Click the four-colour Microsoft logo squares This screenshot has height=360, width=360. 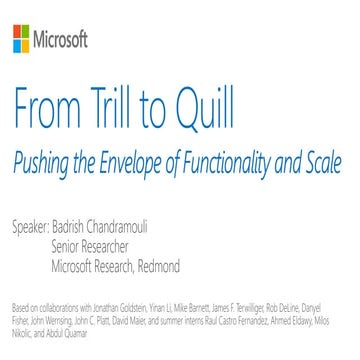(20, 42)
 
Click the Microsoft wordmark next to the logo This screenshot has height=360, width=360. (62, 42)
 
